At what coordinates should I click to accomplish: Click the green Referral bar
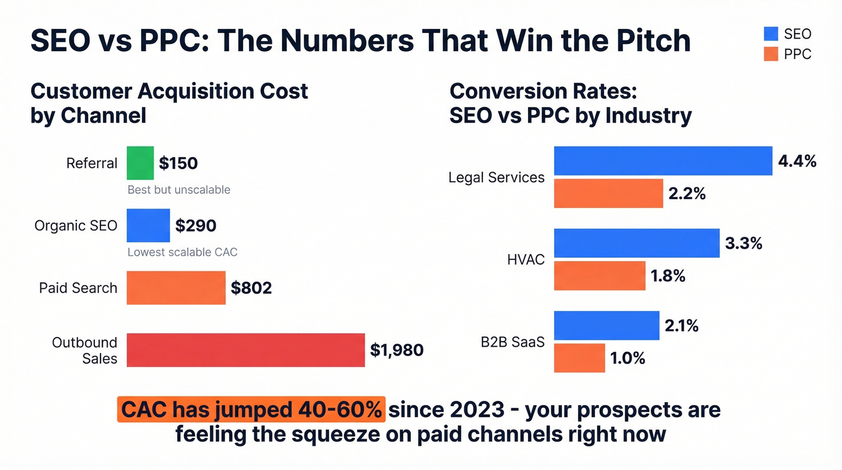[140, 163]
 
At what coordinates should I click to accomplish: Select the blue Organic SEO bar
[148, 226]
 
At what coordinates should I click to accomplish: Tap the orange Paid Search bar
[176, 288]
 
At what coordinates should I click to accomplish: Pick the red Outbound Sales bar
[245, 350]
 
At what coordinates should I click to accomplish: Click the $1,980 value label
[396, 350]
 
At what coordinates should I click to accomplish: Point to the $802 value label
[251, 288]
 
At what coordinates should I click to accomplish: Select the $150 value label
[178, 163]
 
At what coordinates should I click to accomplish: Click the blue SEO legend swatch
[770, 34]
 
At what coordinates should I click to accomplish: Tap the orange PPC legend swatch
[770, 54]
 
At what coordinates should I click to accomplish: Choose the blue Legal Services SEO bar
[663, 161]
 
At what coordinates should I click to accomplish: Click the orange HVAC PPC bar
[599, 276]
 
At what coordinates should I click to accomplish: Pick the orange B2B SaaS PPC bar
[579, 358]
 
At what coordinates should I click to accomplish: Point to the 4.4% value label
[797, 161]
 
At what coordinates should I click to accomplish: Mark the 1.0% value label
[627, 358]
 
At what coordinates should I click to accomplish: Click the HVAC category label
[526, 260]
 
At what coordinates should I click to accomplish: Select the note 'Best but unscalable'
[179, 190]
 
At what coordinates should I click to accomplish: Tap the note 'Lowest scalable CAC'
[182, 252]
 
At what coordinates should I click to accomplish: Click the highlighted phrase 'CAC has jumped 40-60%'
[251, 410]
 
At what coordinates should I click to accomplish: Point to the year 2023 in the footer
[483, 410]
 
